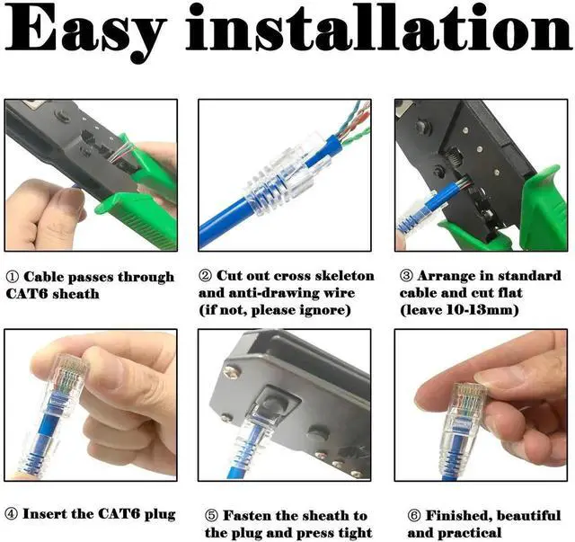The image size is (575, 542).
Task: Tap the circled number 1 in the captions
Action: point(12,277)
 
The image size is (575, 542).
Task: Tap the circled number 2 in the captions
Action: point(205,276)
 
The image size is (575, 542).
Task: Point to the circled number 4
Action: point(12,514)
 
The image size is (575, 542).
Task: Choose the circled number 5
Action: point(211,516)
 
